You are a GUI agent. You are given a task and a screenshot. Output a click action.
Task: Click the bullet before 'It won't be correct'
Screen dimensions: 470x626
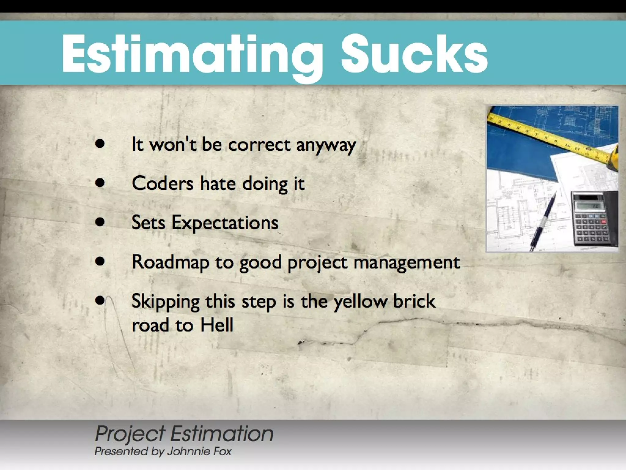coord(100,144)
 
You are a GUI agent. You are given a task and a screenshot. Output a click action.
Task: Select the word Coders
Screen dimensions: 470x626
coord(163,184)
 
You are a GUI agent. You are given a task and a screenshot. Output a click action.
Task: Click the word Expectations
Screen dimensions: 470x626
coord(225,223)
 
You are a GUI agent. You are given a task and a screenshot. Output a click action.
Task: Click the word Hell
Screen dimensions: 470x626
coord(217,325)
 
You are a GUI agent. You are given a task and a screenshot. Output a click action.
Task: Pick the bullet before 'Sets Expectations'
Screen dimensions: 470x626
coord(100,222)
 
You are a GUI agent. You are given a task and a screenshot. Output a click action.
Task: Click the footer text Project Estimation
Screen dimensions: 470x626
coord(184,434)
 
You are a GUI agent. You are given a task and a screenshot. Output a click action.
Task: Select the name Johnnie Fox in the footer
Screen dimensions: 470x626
coord(199,452)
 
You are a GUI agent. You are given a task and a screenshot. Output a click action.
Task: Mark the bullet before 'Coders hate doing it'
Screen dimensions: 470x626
coord(100,183)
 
